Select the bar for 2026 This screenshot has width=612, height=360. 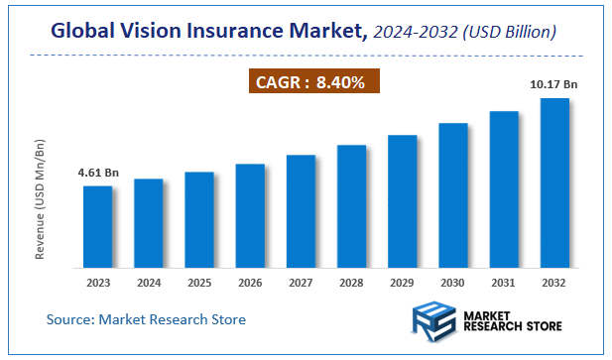[x=250, y=215]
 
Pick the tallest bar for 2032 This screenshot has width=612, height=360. [x=554, y=182]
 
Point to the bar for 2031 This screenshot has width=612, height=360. [x=504, y=188]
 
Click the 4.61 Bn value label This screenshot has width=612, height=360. [x=97, y=175]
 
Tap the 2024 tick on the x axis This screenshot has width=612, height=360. [x=148, y=283]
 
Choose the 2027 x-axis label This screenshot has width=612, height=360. [x=301, y=283]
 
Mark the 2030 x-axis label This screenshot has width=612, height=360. [x=453, y=283]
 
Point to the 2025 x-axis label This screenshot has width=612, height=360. [x=198, y=283]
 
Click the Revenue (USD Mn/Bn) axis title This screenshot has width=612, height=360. [x=40, y=199]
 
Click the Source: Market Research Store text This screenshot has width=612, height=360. [x=146, y=319]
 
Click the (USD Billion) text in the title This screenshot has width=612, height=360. [x=509, y=34]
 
